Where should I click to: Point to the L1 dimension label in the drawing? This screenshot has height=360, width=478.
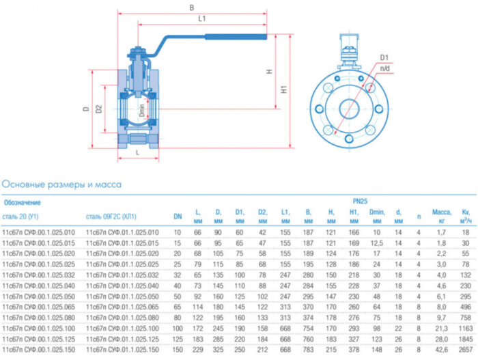click(x=202, y=18)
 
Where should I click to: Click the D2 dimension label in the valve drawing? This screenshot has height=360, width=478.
click(x=99, y=109)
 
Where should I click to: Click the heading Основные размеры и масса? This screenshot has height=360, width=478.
click(x=61, y=184)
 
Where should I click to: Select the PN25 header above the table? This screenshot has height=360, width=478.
click(x=360, y=202)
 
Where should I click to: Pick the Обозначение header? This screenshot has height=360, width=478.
click(x=23, y=202)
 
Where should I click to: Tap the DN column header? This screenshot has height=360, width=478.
click(x=178, y=217)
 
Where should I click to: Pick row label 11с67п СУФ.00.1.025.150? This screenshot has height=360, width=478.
click(x=37, y=348)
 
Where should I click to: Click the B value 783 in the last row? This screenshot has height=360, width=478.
click(x=309, y=348)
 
